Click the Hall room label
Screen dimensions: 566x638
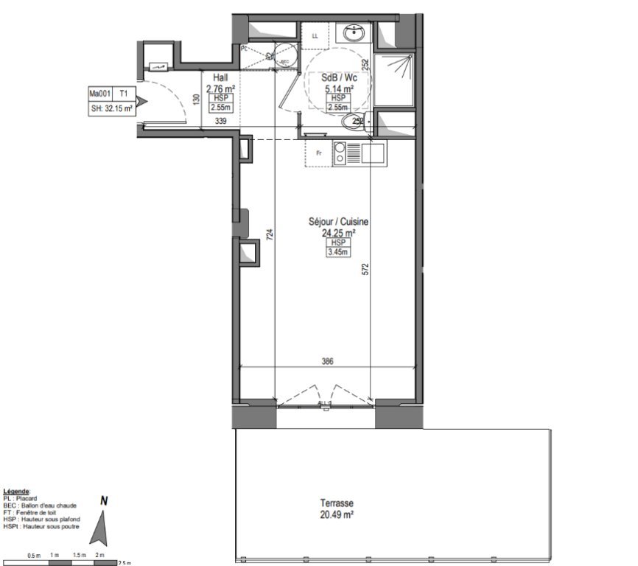point(220,77)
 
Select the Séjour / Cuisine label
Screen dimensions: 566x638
point(339,221)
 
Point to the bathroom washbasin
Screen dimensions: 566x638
point(354,33)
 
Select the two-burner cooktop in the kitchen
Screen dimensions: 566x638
point(340,153)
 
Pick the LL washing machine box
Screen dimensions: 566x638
point(315,35)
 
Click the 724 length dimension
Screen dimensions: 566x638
point(270,235)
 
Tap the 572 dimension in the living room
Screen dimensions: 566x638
point(365,270)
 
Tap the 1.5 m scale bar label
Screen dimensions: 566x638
point(80,554)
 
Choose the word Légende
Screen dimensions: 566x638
point(16,491)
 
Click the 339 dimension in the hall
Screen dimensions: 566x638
point(220,122)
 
